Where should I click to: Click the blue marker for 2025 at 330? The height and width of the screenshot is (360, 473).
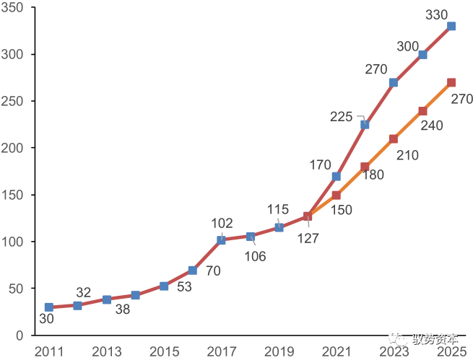coord(451,26)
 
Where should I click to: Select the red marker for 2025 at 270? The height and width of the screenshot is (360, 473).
coord(451,82)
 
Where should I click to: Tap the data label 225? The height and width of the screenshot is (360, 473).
coord(341,116)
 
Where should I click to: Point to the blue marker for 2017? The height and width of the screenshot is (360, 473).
coord(221,240)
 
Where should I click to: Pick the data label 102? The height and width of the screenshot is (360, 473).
coord(222,223)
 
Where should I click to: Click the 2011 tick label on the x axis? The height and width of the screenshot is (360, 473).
coord(49,351)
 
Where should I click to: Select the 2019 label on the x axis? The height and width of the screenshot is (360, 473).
coord(279,351)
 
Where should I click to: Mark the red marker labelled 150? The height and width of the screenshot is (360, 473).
coord(336,195)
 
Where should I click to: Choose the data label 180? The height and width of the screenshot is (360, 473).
coord(373,175)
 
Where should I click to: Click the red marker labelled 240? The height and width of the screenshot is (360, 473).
coord(422,110)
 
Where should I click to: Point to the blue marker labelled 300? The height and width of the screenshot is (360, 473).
coord(422,54)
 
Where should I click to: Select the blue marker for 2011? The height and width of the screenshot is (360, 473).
coord(49,307)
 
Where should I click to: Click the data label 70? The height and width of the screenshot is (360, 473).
coord(213,271)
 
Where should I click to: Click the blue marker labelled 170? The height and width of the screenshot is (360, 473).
coord(336,176)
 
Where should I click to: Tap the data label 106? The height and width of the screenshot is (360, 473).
coord(255,256)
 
